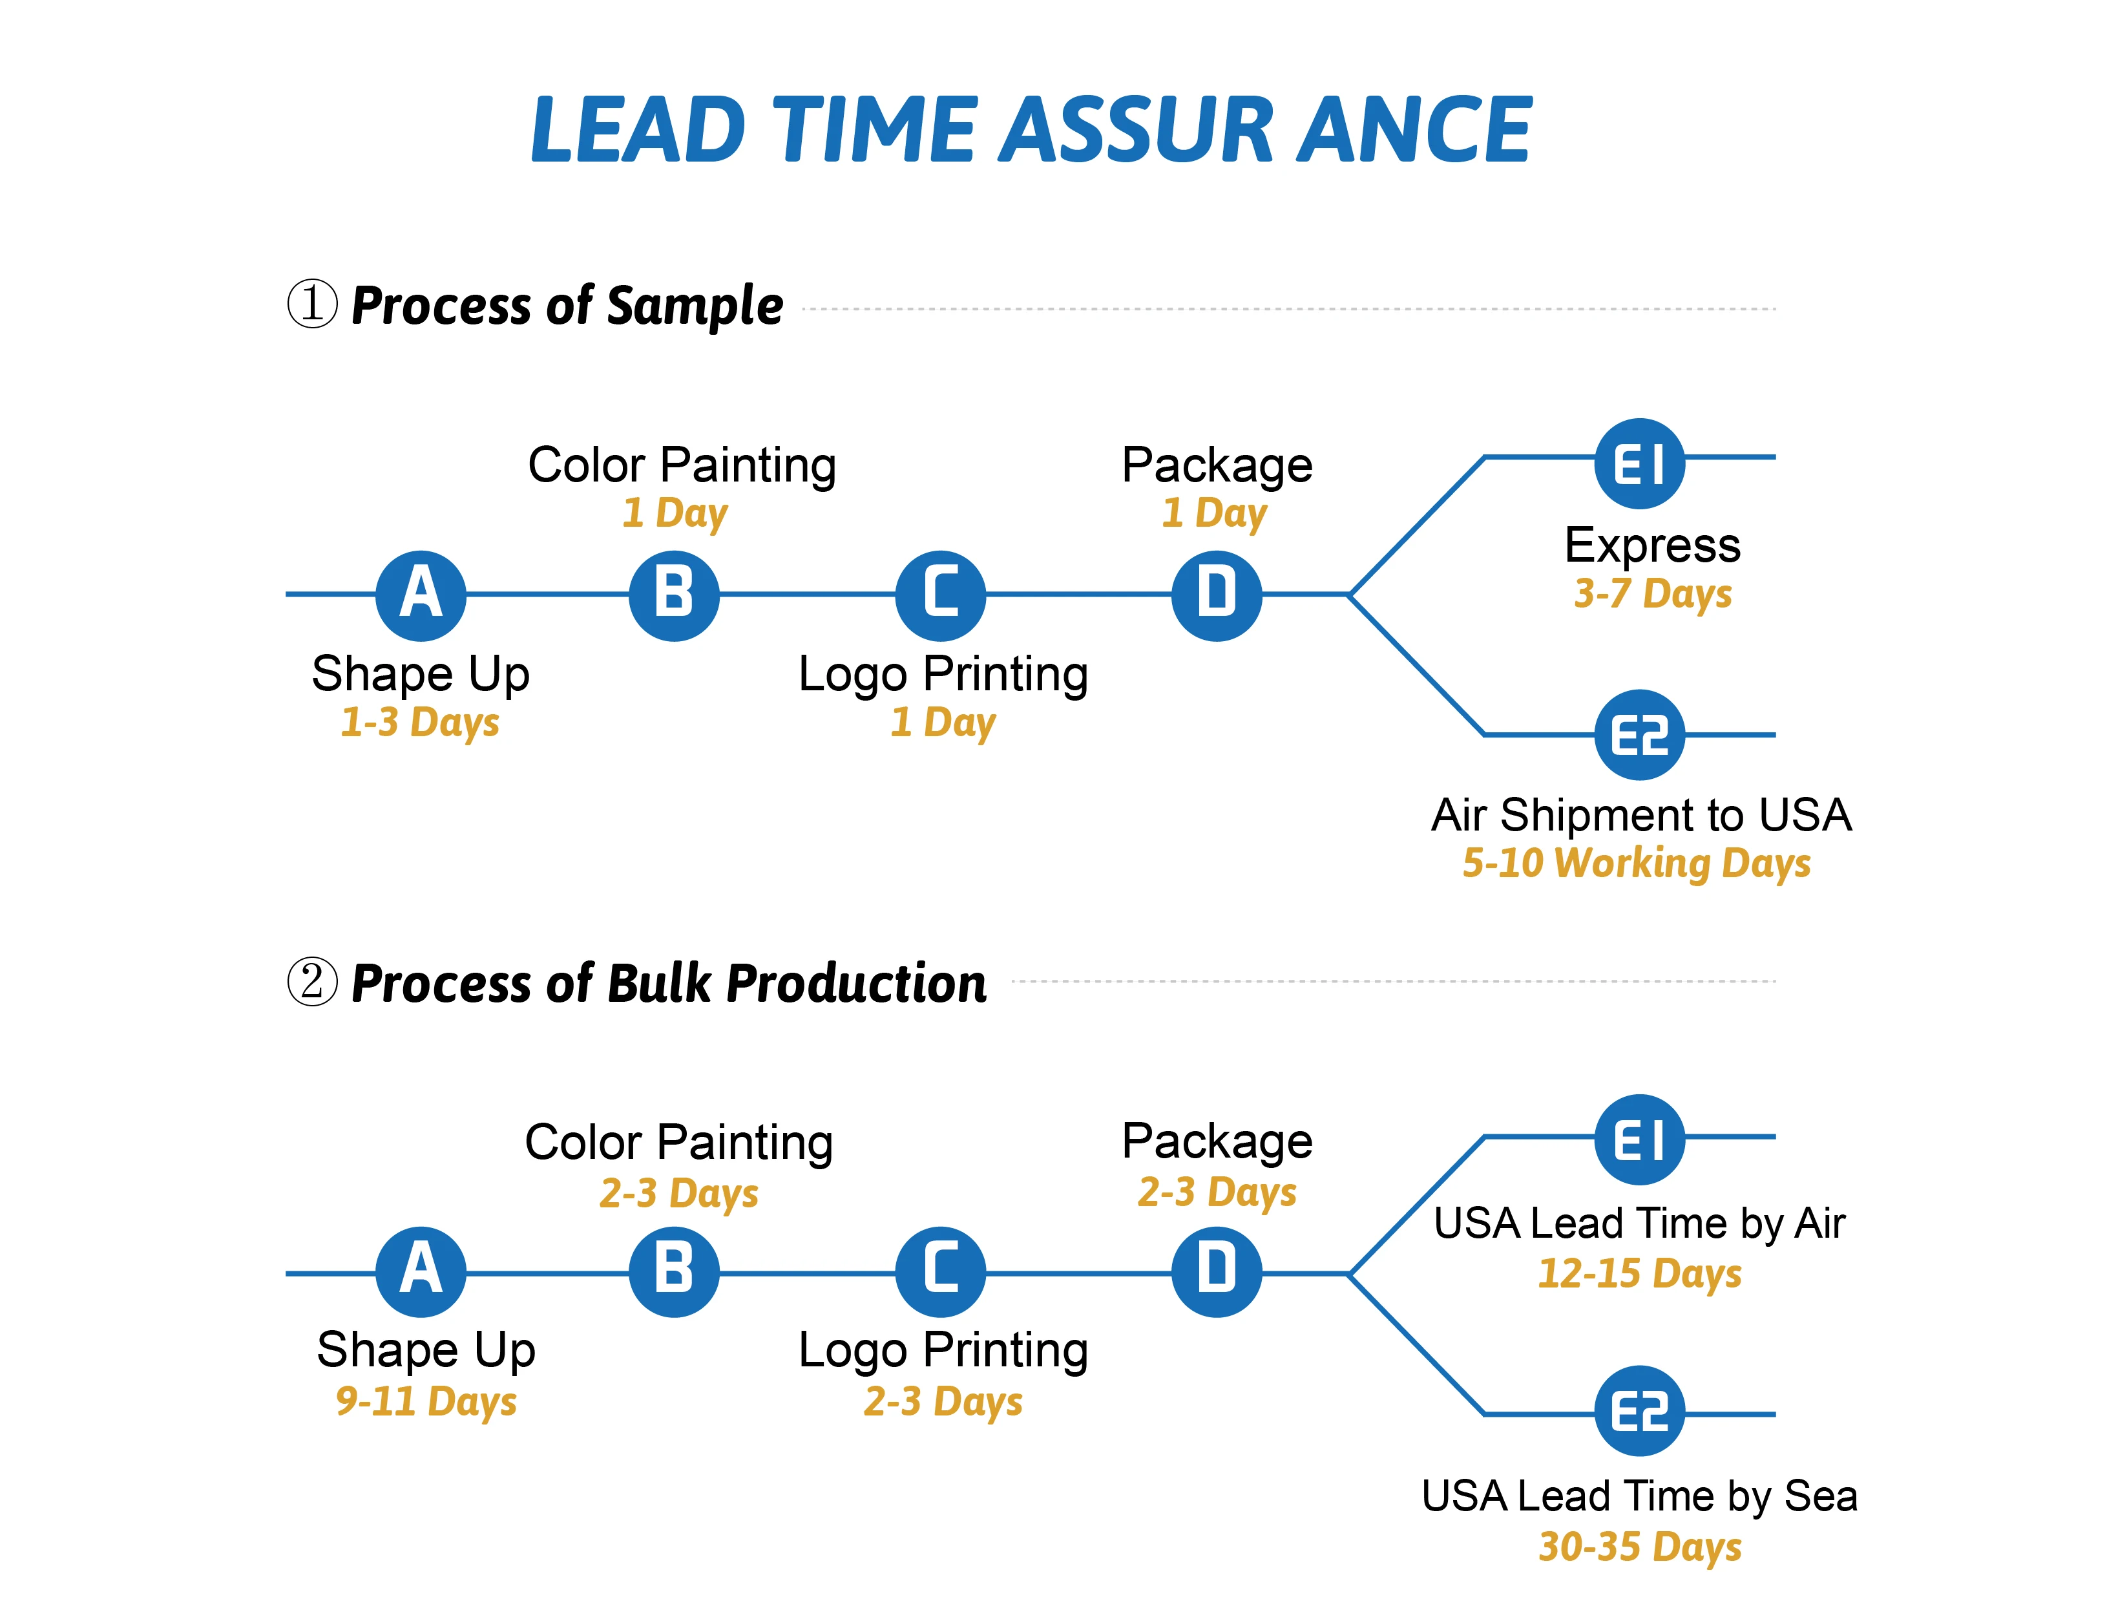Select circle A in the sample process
point(421,595)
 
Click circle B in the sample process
point(675,595)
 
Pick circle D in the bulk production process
point(1217,1272)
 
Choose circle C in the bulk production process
point(941,1272)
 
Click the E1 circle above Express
point(1639,463)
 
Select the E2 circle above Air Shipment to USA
point(1639,736)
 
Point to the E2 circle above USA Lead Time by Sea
point(1639,1412)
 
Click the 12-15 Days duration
point(1639,1274)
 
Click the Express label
point(1652,546)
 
